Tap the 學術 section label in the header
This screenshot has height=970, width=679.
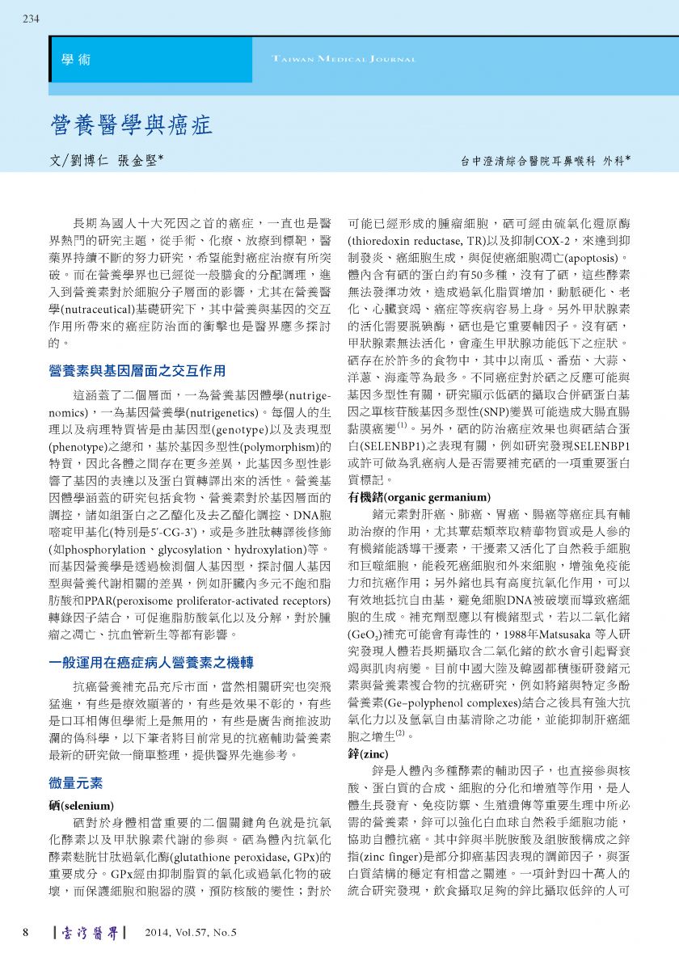(x=76, y=60)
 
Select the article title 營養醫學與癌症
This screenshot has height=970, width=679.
(x=131, y=124)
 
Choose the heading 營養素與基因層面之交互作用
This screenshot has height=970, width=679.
(x=137, y=371)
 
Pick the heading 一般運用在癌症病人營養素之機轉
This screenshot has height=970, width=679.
(x=152, y=662)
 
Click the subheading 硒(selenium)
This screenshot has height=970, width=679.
(x=82, y=806)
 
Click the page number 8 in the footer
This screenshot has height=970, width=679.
(x=26, y=933)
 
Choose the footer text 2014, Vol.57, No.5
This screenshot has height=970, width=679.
(x=191, y=933)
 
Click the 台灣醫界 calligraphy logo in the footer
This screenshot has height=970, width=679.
(x=89, y=933)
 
